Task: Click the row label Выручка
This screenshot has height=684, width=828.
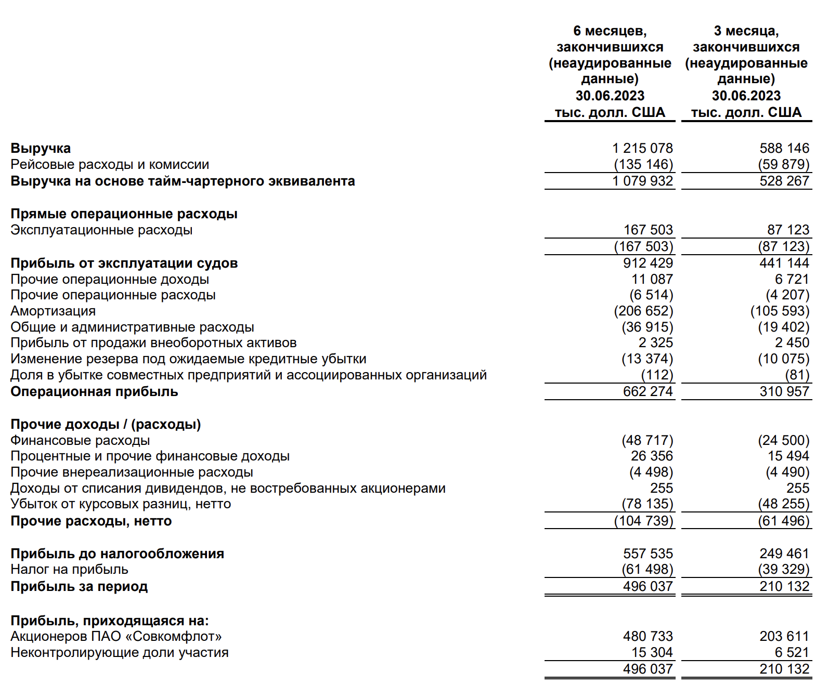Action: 41,149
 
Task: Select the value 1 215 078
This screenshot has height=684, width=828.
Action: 642,149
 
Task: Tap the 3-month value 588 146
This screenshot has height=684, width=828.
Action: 784,149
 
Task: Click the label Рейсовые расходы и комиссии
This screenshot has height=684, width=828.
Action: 110,165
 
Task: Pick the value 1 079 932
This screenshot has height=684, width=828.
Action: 642,181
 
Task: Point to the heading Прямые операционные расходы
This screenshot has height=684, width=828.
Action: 124,214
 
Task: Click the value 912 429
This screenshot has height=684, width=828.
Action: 648,263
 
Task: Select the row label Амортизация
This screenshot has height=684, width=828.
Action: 53,311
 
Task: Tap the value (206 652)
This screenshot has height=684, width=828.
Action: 643,311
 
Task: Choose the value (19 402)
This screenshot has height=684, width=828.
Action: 783,327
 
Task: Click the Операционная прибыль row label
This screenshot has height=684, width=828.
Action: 94,392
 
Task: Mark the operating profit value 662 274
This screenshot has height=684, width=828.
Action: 648,392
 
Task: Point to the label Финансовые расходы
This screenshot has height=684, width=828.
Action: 80,441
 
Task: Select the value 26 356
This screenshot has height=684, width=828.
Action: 652,456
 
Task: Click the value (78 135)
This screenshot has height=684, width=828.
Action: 647,504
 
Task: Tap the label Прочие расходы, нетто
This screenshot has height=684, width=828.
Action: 91,521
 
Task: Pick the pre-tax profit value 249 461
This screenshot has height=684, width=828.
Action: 784,554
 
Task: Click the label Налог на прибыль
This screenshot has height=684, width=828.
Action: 69,570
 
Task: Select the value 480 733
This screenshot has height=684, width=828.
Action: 648,637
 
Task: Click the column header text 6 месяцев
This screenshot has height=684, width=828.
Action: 610,31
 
